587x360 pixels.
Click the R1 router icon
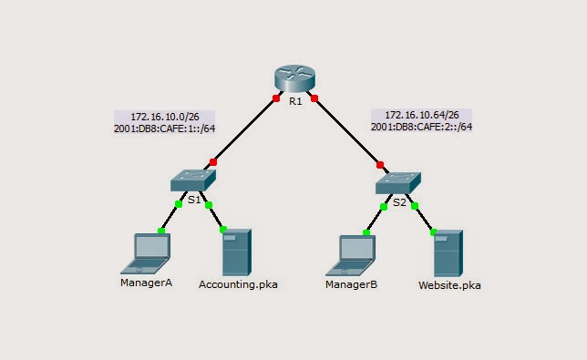(294, 77)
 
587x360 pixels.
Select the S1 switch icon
(193, 180)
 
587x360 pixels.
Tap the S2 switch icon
(398, 183)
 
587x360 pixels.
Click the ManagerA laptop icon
(146, 253)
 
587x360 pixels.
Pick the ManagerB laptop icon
(351, 255)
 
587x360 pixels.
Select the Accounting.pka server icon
(237, 252)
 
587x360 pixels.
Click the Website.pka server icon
(448, 253)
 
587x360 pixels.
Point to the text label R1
(295, 101)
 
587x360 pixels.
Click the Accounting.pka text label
(238, 284)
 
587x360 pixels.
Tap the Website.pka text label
(449, 285)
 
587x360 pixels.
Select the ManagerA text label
(146, 283)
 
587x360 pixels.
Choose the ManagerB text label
(351, 284)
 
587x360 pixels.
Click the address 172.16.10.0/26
(165, 117)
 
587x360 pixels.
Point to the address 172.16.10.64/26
(422, 115)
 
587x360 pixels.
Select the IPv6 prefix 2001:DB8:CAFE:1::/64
(164, 129)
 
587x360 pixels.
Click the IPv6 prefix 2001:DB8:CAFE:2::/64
(421, 127)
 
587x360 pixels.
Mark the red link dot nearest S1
(213, 162)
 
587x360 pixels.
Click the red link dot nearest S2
(380, 165)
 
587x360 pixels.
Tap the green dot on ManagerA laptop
(161, 231)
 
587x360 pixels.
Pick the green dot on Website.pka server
(434, 232)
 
